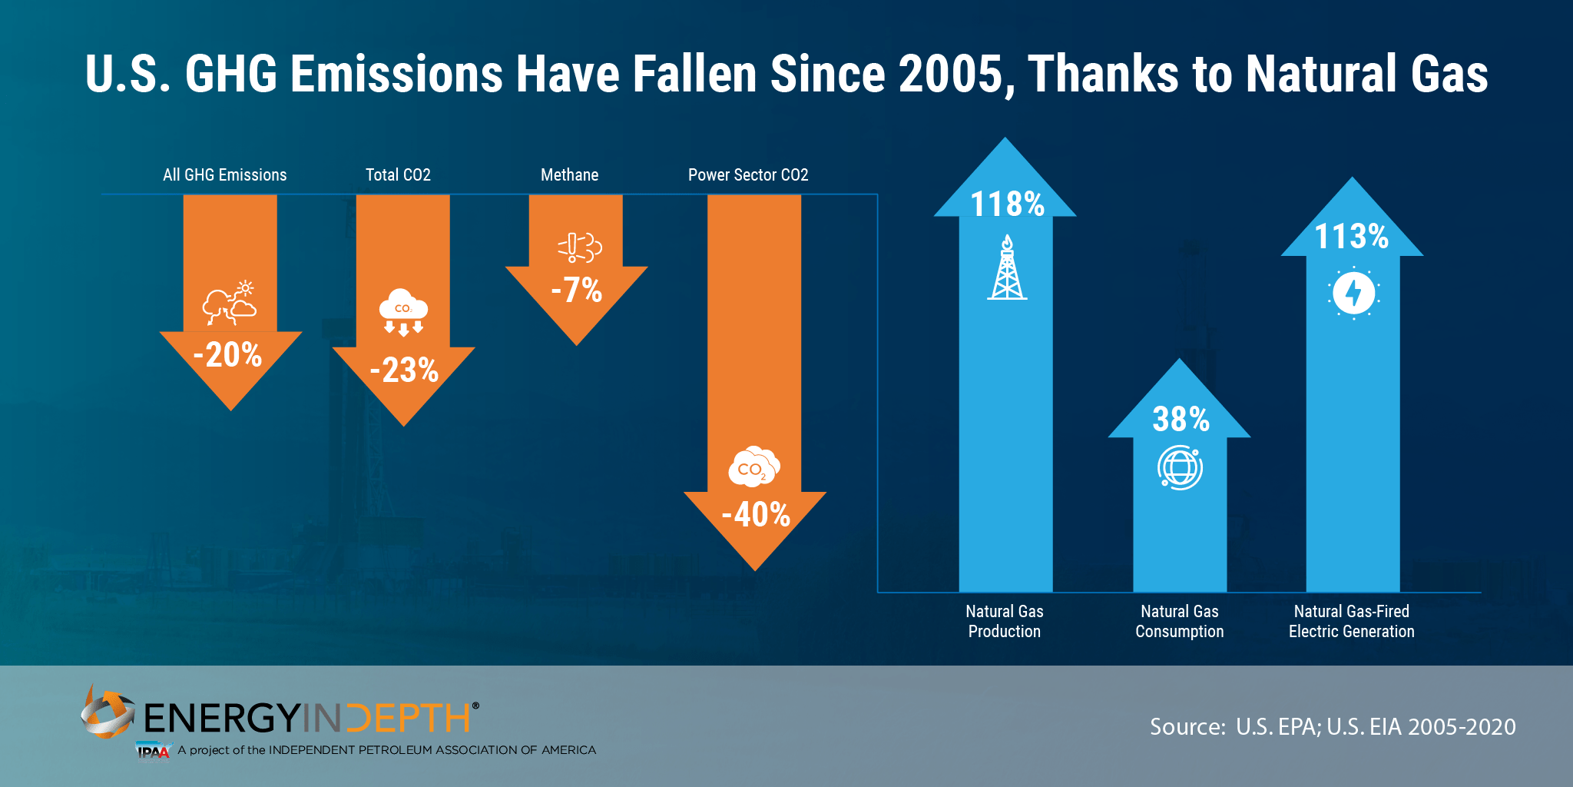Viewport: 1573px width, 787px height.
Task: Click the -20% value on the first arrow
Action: [228, 355]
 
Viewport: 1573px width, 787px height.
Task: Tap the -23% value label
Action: [404, 370]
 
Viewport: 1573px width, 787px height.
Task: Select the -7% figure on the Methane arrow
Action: [577, 291]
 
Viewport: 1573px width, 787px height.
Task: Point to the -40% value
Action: [756, 514]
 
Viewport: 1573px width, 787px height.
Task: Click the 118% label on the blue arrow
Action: [1007, 204]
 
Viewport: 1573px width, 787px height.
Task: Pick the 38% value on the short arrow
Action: [1181, 420]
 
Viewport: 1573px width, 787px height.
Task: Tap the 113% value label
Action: [1352, 236]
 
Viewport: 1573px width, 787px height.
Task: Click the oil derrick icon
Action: [1007, 268]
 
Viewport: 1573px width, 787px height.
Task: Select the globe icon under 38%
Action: [1180, 467]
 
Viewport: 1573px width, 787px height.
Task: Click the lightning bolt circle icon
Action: [1353, 293]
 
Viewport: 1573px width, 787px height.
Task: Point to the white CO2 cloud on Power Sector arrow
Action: [753, 467]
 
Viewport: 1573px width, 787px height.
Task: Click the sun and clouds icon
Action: [230, 303]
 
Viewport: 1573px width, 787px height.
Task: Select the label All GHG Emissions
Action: [224, 175]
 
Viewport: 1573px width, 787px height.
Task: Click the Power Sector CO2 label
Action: [748, 175]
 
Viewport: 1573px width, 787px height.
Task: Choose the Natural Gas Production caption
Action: [1005, 621]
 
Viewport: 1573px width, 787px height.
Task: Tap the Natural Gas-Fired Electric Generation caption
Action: [1352, 621]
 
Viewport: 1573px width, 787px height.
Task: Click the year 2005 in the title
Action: [951, 75]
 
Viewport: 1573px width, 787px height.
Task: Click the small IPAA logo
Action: [152, 751]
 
